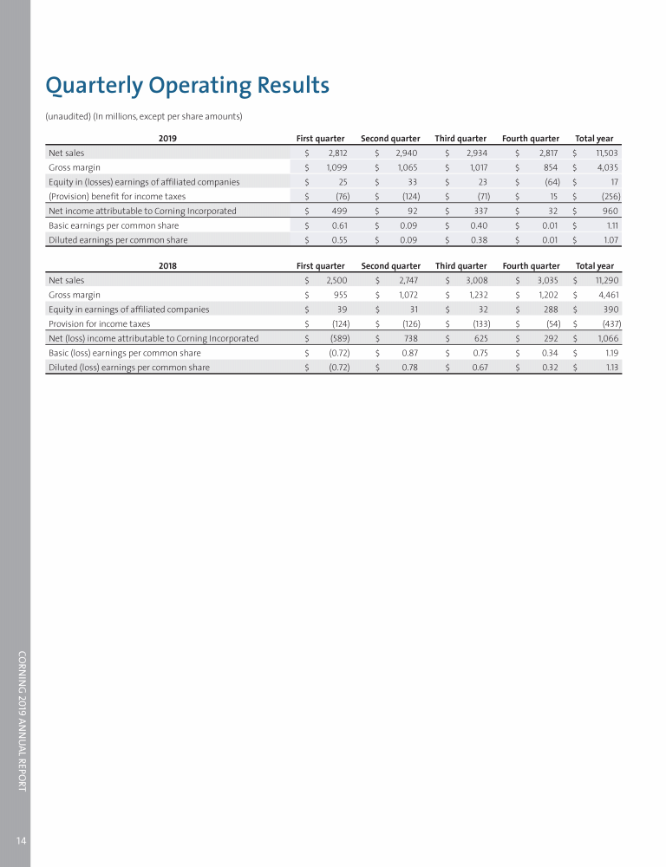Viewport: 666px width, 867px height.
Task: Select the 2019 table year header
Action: (167, 138)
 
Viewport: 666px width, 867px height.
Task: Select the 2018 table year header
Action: (167, 265)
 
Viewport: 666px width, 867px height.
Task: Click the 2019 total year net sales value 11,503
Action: (604, 153)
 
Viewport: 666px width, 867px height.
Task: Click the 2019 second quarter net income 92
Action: (412, 211)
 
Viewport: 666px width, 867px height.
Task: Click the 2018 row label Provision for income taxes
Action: (99, 323)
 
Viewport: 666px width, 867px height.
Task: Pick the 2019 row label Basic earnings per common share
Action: (114, 225)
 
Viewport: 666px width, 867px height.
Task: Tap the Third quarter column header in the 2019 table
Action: (460, 138)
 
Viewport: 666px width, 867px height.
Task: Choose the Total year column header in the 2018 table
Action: (594, 265)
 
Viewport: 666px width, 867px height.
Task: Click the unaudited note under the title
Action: (143, 116)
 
